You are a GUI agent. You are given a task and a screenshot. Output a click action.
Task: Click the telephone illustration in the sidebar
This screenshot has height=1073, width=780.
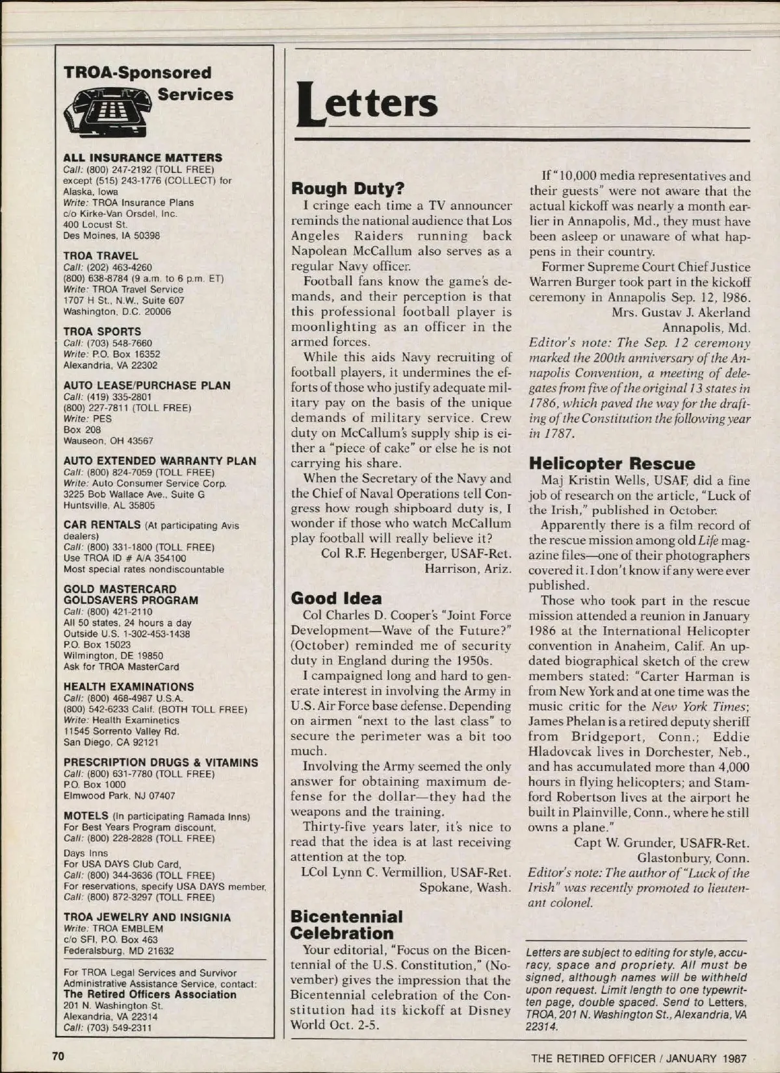click(107, 112)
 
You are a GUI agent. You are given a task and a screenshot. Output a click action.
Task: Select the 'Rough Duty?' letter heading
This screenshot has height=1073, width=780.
click(348, 189)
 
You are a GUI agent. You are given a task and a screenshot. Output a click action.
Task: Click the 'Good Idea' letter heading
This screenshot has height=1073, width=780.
click(336, 598)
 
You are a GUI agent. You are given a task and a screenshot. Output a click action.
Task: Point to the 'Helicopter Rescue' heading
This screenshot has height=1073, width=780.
click(612, 464)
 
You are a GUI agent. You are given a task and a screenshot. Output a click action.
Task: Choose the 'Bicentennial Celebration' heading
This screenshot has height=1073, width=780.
click(346, 925)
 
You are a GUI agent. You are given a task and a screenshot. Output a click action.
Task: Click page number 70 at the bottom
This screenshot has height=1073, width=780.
click(58, 1056)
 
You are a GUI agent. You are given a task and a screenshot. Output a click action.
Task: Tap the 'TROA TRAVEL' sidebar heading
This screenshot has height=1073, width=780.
click(101, 256)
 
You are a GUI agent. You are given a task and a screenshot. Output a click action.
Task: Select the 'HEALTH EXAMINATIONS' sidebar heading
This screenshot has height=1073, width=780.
click(129, 687)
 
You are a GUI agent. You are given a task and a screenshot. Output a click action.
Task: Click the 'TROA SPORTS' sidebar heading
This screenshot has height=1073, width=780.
click(102, 331)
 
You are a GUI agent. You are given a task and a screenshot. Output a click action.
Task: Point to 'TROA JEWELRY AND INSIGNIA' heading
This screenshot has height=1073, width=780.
click(147, 917)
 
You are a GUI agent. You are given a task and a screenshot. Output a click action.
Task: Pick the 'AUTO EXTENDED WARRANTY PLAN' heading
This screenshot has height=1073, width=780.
click(160, 461)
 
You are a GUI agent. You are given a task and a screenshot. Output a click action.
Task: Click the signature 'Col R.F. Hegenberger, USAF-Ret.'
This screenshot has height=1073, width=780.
click(416, 554)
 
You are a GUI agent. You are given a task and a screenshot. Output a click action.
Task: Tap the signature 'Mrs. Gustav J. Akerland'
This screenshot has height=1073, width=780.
click(681, 312)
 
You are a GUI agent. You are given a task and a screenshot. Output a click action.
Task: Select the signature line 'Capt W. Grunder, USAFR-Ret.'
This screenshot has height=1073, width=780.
click(661, 843)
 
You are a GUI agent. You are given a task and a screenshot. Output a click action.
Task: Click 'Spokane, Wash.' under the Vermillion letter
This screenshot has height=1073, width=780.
click(465, 887)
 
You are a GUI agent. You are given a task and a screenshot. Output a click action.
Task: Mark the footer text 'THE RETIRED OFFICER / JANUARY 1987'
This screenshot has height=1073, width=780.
click(639, 1058)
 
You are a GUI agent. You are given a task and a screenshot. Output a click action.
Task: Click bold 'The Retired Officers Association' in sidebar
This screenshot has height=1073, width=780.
click(150, 994)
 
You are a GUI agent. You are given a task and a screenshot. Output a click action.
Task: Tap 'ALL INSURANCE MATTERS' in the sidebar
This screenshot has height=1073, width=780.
click(142, 158)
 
